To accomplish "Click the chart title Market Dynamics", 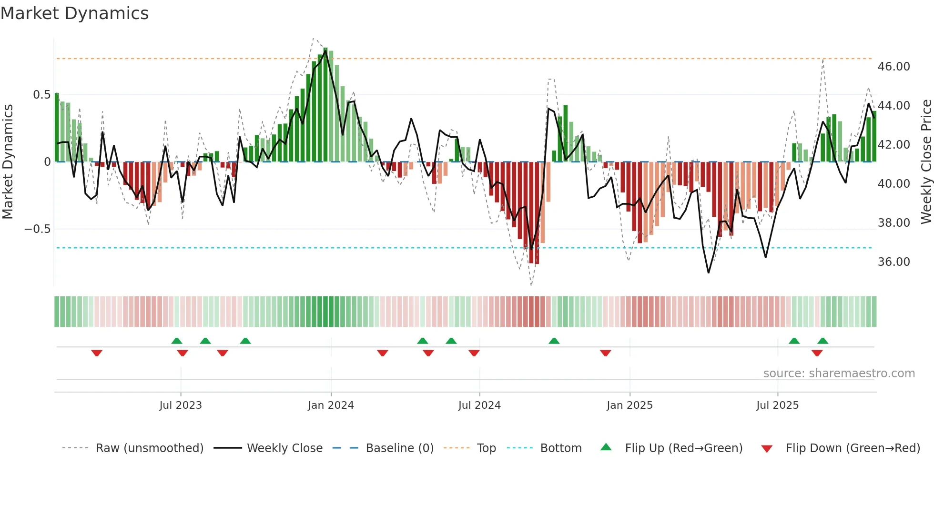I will [x=74, y=13].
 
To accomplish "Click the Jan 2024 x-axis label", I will [x=331, y=405].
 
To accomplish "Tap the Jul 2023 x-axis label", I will [x=181, y=405].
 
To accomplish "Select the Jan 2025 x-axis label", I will [x=629, y=405].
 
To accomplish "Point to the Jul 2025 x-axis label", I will [x=777, y=405].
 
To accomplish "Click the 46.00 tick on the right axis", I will [x=893, y=67].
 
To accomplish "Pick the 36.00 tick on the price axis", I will [x=893, y=262].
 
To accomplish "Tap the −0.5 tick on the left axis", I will [x=37, y=229].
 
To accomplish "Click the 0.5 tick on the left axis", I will [x=41, y=95].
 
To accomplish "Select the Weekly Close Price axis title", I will [x=926, y=162].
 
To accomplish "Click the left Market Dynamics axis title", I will [x=8, y=162].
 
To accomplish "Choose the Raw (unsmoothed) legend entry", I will [x=149, y=448].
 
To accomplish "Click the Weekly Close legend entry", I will [x=284, y=448].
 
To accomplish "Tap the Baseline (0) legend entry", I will [x=399, y=448].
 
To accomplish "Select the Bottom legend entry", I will [x=560, y=448].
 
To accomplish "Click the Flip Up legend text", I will [x=683, y=448].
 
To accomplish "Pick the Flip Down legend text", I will [x=853, y=448].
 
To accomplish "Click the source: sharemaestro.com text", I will [x=839, y=374].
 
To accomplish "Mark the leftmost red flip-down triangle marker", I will [x=97, y=353].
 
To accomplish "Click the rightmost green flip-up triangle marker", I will [x=822, y=341].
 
